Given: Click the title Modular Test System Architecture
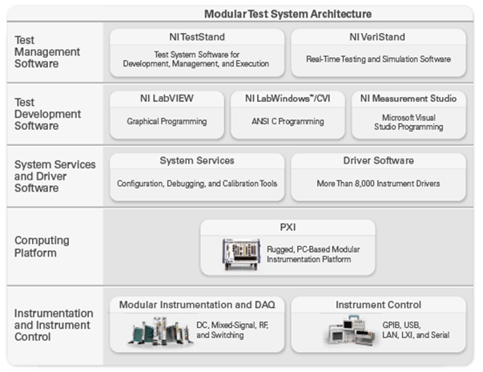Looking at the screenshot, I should click(x=288, y=14).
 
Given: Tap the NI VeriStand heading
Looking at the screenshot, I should click(x=378, y=36).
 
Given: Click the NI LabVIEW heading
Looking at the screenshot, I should click(x=167, y=98).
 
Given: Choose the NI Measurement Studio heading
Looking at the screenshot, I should click(x=409, y=98).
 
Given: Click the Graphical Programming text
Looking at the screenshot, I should click(x=167, y=122).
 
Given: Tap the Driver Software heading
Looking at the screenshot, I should click(x=378, y=160).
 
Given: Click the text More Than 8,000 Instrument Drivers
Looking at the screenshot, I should click(x=378, y=184).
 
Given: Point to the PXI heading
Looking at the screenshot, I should click(x=287, y=227).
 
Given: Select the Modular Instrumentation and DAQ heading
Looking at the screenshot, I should click(x=197, y=305).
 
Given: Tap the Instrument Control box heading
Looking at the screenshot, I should click(x=378, y=305).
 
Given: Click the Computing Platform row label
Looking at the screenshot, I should click(x=42, y=246).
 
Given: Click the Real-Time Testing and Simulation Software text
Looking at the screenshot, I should click(x=378, y=59).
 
